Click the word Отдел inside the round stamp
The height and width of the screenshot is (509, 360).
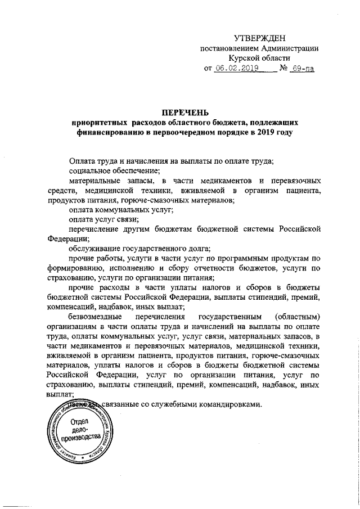coord(77,422)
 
